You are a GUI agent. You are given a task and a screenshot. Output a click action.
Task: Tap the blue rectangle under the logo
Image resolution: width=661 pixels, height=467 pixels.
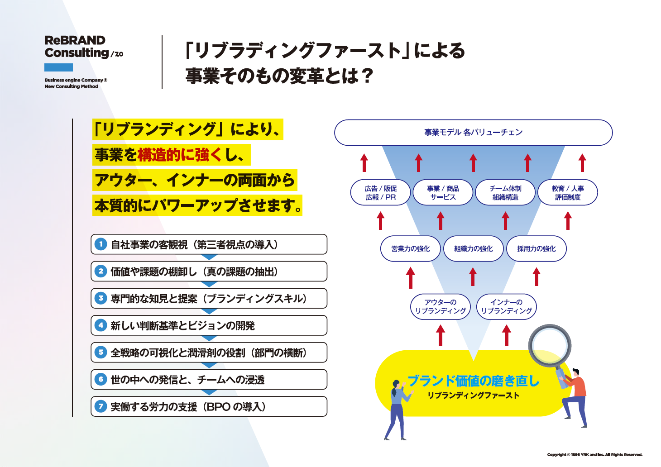[58, 67]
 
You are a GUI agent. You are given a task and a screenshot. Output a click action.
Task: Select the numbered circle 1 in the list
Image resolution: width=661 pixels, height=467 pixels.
[101, 244]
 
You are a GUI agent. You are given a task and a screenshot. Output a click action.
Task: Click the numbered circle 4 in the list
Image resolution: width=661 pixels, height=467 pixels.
[101, 325]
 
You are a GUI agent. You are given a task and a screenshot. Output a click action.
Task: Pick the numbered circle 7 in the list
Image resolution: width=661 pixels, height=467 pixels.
[101, 406]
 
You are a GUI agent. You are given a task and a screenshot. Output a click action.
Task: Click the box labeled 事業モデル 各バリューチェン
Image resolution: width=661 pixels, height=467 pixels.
[473, 132]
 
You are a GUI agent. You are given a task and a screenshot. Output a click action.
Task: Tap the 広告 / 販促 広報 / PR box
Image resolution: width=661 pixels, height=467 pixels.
[380, 193]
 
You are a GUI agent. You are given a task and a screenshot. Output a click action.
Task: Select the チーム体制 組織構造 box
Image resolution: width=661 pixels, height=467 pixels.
[505, 193]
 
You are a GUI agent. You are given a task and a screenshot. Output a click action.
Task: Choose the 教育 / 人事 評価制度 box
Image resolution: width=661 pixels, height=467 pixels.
[567, 193]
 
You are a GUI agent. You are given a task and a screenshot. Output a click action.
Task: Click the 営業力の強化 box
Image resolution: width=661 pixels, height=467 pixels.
[410, 248]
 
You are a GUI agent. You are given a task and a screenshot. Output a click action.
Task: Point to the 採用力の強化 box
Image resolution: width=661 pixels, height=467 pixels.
[536, 248]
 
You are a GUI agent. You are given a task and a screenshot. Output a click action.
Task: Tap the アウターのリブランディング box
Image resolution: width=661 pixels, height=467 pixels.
[440, 306]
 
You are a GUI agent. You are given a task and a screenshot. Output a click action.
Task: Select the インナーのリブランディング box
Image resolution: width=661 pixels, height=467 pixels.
[507, 306]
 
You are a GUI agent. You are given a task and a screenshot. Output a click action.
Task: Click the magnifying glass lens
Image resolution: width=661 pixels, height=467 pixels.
[550, 346]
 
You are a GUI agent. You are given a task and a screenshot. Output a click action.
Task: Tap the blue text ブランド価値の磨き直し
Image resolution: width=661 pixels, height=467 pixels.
[474, 381]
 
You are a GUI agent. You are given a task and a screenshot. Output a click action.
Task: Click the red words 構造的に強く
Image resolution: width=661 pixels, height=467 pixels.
[180, 155]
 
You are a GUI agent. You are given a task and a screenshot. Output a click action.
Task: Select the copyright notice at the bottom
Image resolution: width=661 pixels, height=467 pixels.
[594, 454]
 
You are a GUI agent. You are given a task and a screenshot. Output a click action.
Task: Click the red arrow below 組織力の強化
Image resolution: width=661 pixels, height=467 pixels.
[473, 276]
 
